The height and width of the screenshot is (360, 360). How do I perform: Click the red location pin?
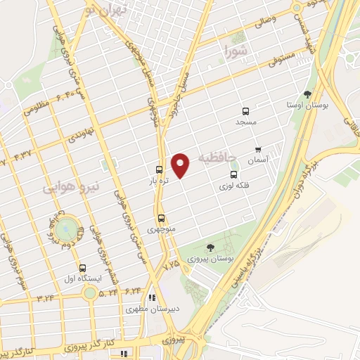(x=181, y=165)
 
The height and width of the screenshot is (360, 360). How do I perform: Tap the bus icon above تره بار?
(x=160, y=169)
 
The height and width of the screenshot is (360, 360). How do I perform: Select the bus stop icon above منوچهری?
(x=162, y=218)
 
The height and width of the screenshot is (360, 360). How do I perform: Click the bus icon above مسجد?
(x=245, y=111)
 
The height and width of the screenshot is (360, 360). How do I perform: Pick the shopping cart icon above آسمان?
(x=258, y=150)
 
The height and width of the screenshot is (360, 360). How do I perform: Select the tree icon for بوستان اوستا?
(x=307, y=94)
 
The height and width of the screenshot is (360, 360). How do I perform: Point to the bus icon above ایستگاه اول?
(x=83, y=268)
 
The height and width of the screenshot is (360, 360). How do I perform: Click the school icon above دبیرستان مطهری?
(x=152, y=297)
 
